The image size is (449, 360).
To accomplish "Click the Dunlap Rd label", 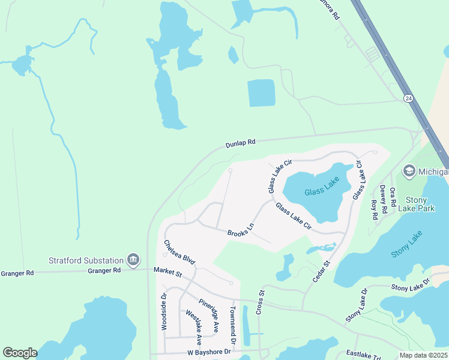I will coord(241,143).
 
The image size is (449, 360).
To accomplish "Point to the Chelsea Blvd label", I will coord(180,252).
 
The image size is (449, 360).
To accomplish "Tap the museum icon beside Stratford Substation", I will coord(133,260).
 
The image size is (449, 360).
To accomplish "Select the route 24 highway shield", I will coord(408,98).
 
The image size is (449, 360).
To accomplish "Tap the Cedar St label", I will coord(322,272).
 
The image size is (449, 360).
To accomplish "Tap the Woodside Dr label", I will coord(163,311).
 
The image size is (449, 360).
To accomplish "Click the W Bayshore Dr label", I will coord(209,352).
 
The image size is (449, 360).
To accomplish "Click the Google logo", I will coord(20,353).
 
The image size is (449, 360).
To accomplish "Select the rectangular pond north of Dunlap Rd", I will coord(261,93).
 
